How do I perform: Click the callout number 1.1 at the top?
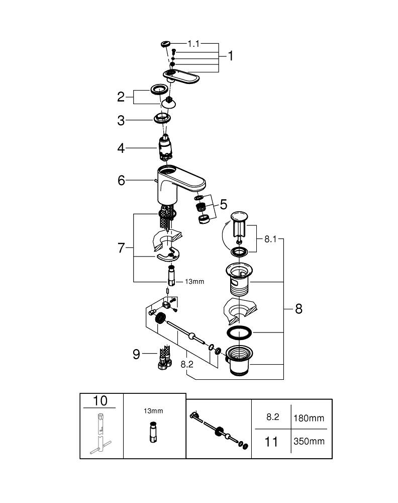193,44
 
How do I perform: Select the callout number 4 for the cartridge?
121,148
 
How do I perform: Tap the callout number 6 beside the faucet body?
121,180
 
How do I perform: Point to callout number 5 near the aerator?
223,204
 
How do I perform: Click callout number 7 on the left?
121,248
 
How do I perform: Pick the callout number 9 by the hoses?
136,354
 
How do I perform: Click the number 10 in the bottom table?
101,401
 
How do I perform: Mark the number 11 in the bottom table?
271,442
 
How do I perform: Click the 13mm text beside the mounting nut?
195,282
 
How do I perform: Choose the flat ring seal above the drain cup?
239,333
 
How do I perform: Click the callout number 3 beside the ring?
121,121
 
